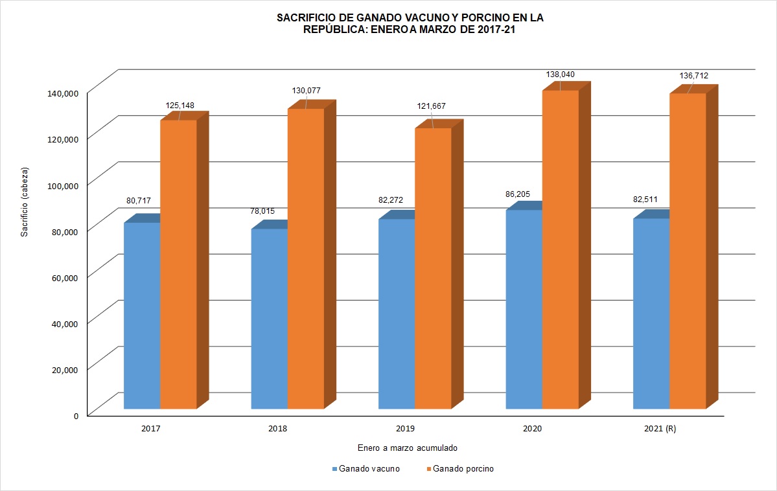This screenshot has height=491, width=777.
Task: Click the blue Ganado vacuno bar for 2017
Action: pyautogui.click(x=142, y=315)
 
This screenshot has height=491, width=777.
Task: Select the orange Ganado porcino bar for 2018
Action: pyautogui.click(x=305, y=258)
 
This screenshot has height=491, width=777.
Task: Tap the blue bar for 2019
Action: pyautogui.click(x=397, y=314)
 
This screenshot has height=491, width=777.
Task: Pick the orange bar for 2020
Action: pyautogui.click(x=560, y=249)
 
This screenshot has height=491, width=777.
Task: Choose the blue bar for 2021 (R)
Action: pyautogui.click(x=651, y=314)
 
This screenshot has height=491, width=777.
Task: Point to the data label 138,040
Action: pyautogui.click(x=561, y=74)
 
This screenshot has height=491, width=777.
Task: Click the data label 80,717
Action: pyautogui.click(x=139, y=201)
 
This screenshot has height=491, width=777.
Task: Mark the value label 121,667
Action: pyautogui.click(x=432, y=106)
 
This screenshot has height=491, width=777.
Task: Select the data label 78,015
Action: pyautogui.click(x=264, y=211)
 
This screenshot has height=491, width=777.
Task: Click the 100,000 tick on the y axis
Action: pyautogui.click(x=62, y=185)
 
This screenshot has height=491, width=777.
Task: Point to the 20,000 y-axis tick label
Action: pyautogui.click(x=64, y=369)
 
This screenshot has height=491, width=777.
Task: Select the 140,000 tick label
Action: pyautogui.click(x=62, y=93)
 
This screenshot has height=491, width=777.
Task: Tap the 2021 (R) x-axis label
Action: pyautogui.click(x=660, y=429)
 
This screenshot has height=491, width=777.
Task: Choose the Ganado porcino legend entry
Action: pyautogui.click(x=463, y=469)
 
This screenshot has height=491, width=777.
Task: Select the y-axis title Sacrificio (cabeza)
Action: pyautogui.click(x=25, y=202)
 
